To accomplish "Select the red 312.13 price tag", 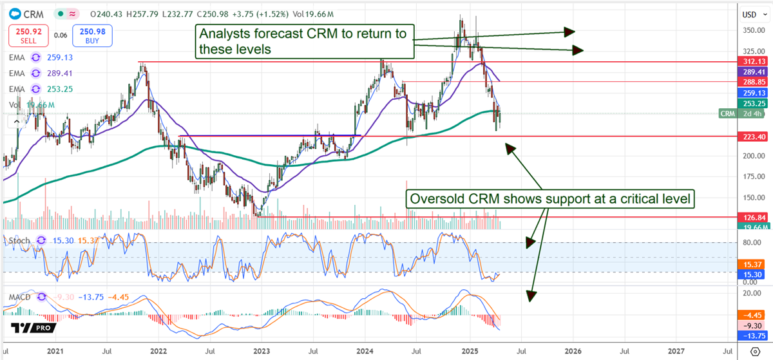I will click(x=751, y=62).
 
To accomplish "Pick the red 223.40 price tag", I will click(x=751, y=137).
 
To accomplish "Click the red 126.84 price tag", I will click(x=751, y=218).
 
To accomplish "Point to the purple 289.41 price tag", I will click(x=751, y=72).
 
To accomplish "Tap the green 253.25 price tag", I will click(x=751, y=103).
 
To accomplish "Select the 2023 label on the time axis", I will click(x=261, y=352).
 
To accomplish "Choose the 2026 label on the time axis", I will click(x=573, y=352).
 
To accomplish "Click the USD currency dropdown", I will click(x=752, y=14).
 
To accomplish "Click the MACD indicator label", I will click(x=21, y=298).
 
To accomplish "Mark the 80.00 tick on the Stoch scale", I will click(x=748, y=243).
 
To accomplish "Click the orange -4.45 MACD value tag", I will click(x=751, y=316).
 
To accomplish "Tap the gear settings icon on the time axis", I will click(x=754, y=352).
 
